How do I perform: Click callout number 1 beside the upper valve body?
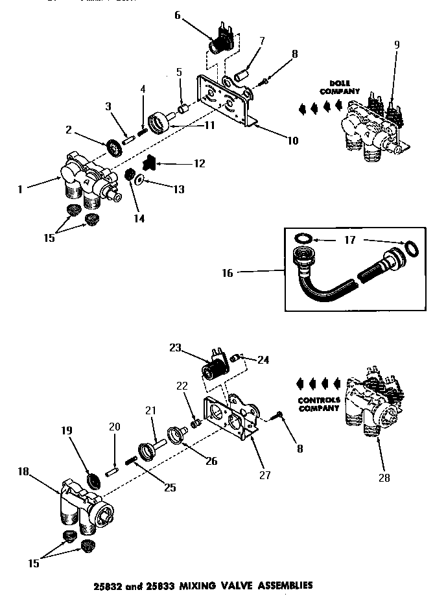point(21,189)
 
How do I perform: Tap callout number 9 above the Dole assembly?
point(397,44)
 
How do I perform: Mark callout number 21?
point(150,410)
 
